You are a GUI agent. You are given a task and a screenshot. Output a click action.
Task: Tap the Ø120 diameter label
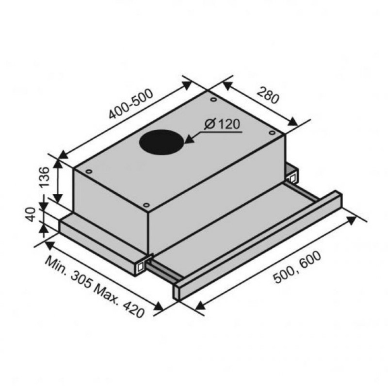pos(222,124)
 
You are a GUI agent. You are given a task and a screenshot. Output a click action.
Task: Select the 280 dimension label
pos(268,95)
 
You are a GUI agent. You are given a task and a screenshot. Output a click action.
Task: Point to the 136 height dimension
pos(45,177)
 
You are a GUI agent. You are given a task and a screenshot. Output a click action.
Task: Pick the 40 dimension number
pos(31,214)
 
